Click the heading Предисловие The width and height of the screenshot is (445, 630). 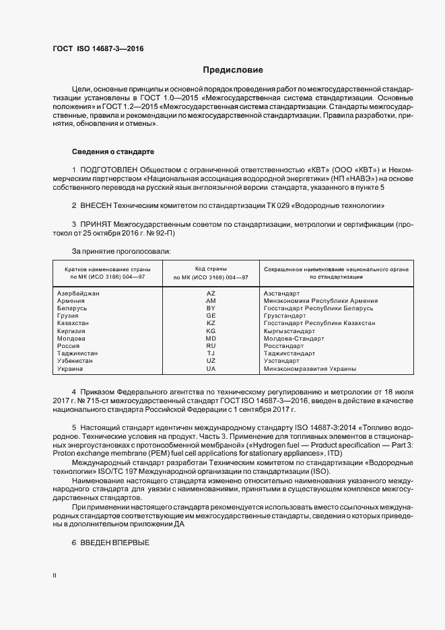(x=233, y=70)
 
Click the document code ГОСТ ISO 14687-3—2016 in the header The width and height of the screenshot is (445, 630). (x=98, y=48)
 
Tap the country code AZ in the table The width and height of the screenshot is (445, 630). (x=211, y=293)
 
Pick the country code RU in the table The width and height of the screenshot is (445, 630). (x=211, y=346)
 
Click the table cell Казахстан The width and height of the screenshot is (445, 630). (x=73, y=324)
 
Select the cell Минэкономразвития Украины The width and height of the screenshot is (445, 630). (x=310, y=369)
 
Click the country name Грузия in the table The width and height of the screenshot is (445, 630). (x=69, y=316)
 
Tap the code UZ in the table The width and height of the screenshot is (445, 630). (x=211, y=361)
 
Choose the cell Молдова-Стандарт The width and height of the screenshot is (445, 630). (x=294, y=339)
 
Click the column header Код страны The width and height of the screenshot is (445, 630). (x=211, y=269)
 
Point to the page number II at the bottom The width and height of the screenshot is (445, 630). (x=55, y=576)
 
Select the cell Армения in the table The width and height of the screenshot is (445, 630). (x=71, y=301)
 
